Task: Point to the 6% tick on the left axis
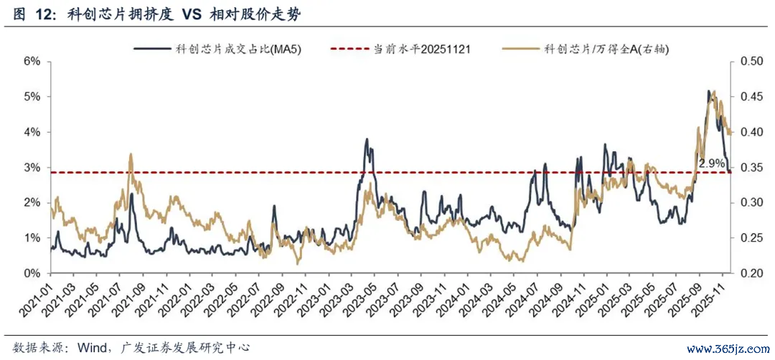coord(32,62)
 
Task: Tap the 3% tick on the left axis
coord(32,168)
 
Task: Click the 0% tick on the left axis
coord(32,274)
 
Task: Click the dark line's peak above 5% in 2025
coord(709,91)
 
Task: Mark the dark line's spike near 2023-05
coord(367,139)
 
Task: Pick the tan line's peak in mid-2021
coord(130,154)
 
